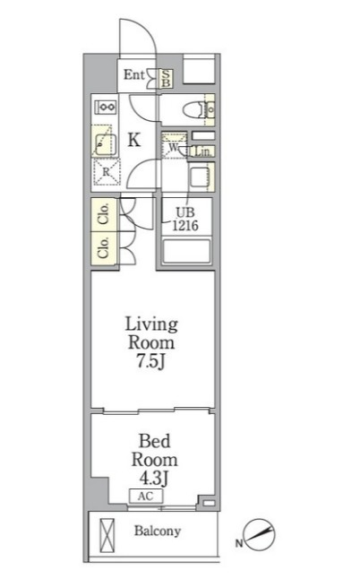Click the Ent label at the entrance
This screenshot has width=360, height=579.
(x=134, y=75)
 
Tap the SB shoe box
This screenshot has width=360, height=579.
(x=166, y=79)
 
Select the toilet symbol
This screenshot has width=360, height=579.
(x=193, y=109)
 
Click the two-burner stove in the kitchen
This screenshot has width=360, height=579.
(x=107, y=107)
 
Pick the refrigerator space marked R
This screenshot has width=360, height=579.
(x=107, y=172)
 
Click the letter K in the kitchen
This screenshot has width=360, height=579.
(x=134, y=140)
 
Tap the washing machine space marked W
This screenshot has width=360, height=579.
(x=174, y=147)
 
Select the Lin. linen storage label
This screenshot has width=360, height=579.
(x=203, y=151)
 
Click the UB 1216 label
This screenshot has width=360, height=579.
(x=186, y=219)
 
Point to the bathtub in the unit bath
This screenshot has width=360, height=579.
(x=186, y=252)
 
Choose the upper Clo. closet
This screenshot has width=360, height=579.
(x=105, y=214)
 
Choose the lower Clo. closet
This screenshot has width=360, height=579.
(x=105, y=247)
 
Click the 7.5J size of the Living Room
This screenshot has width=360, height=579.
(x=150, y=361)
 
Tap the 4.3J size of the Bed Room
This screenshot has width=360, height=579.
(x=154, y=479)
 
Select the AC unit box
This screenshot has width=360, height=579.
(x=146, y=497)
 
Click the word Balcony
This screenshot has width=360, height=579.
(x=158, y=531)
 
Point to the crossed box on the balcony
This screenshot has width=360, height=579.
(x=107, y=535)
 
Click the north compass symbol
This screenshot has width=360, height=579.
(x=260, y=535)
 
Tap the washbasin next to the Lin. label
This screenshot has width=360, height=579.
(x=201, y=177)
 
